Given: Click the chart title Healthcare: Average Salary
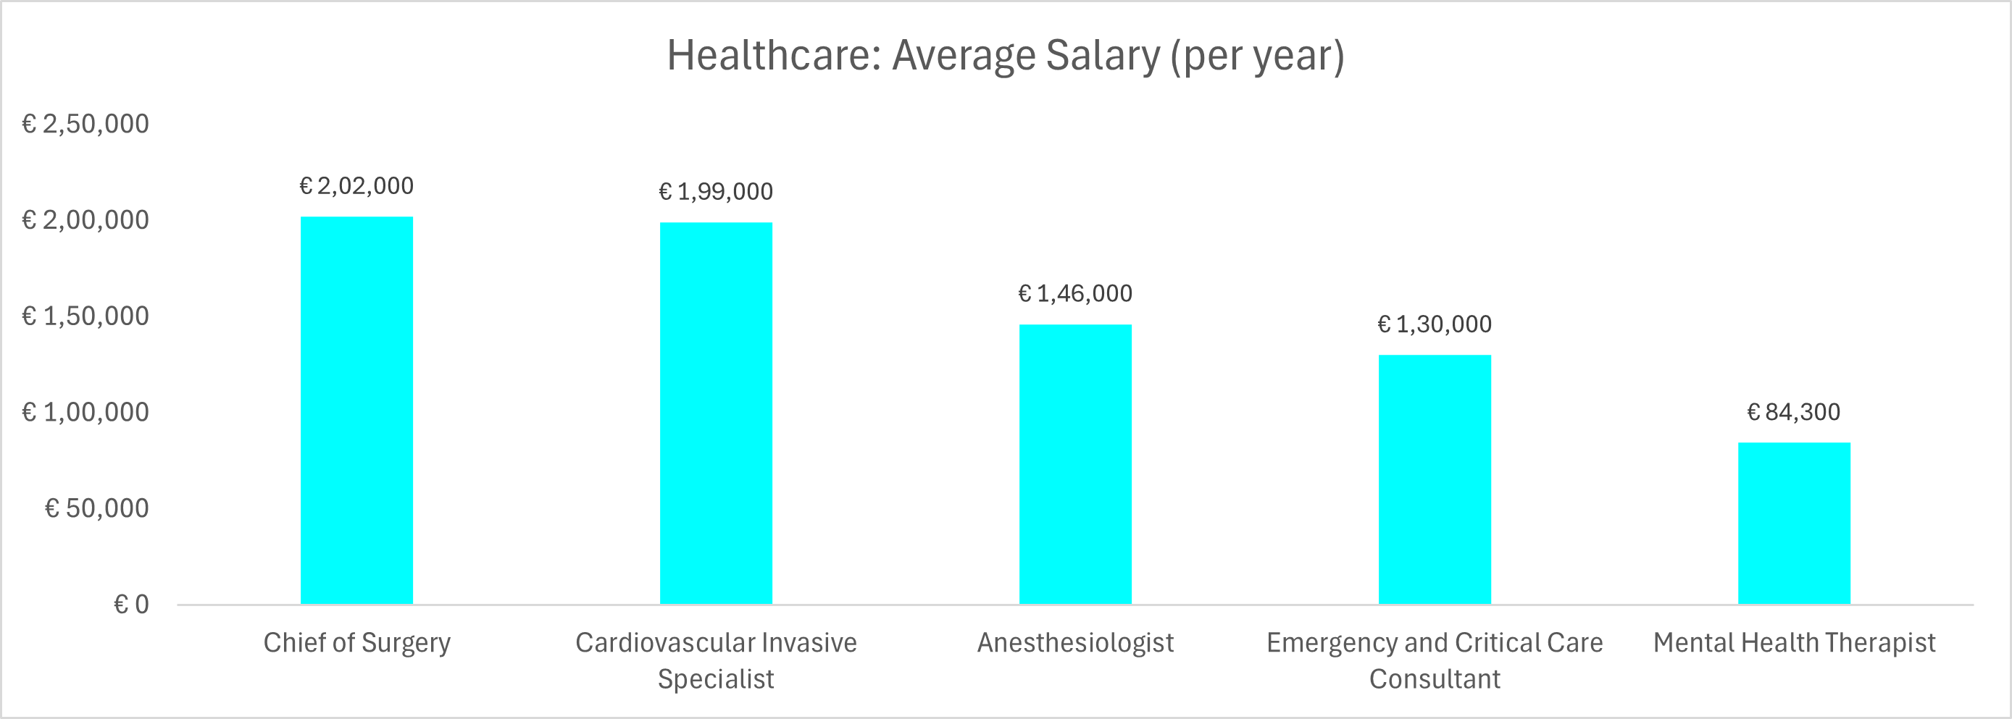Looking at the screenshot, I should coord(1005,56).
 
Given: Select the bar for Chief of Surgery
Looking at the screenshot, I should coord(357,410).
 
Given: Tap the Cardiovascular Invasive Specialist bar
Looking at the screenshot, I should coord(717,413).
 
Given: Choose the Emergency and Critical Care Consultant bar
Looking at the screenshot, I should coord(1435,479).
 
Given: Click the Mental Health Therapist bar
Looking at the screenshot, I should coord(1794,523).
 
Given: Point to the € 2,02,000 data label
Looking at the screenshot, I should coord(357,186).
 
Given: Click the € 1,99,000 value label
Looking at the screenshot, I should coord(717,191).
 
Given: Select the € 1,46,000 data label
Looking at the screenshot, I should coord(1075,293).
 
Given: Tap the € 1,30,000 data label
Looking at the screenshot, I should coord(1435,324).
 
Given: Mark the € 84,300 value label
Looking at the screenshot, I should coord(1794,412).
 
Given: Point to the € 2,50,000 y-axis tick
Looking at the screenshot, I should coord(85,124).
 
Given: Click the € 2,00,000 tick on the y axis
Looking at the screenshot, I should coord(85,220).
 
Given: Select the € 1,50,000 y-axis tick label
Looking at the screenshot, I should coord(85,316).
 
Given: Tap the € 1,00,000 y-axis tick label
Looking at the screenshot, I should coord(85,412).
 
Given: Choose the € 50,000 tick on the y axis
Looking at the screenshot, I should coord(97,508).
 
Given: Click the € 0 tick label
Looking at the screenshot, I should coord(131,605).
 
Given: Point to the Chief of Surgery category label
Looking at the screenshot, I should coord(357,642).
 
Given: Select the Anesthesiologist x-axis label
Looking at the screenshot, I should coord(1075,642).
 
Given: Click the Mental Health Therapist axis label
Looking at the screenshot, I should coord(1794,642).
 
